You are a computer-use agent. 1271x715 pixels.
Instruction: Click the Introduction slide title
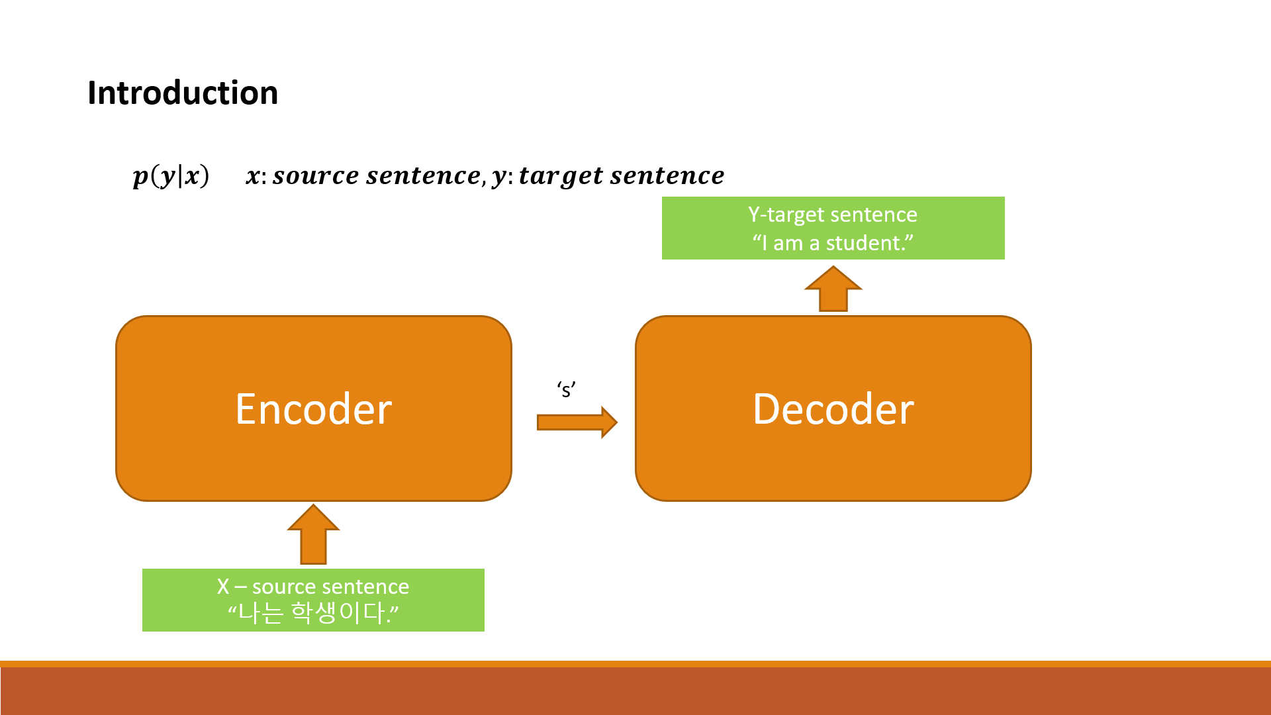[183, 93]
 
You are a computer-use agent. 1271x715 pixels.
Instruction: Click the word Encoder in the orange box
[314, 409]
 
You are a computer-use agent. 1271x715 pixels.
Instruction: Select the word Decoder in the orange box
[833, 409]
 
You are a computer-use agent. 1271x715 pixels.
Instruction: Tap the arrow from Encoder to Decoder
[577, 422]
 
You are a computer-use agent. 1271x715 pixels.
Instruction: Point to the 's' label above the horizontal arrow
[566, 390]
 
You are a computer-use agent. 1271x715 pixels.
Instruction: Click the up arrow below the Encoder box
[313, 535]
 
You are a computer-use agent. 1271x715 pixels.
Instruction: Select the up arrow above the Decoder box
[833, 289]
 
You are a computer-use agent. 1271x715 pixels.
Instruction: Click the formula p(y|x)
[171, 175]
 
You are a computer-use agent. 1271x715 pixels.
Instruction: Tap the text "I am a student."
[833, 243]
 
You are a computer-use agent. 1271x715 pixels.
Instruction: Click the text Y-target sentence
[833, 215]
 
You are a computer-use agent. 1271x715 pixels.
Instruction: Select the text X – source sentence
[313, 587]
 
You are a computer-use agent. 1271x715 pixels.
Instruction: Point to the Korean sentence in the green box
[313, 613]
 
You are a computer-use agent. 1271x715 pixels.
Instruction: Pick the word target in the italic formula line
[561, 175]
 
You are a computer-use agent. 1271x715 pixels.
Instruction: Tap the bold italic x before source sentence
[252, 176]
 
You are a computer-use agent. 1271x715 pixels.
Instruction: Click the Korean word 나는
[261, 613]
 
